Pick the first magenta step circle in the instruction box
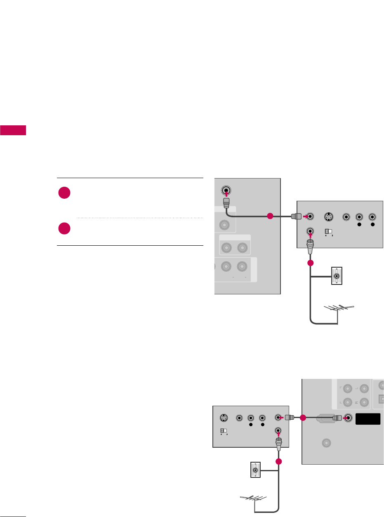click(x=64, y=193)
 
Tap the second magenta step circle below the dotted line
click(x=64, y=228)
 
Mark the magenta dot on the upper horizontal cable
click(x=270, y=216)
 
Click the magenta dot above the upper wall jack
click(x=310, y=263)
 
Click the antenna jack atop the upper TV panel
click(x=226, y=191)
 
